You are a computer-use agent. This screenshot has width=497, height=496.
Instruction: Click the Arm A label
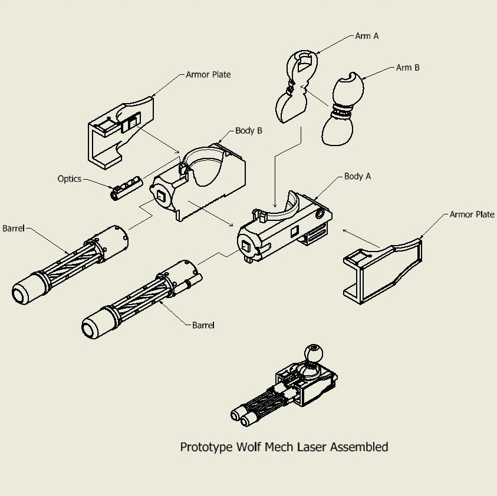(367, 36)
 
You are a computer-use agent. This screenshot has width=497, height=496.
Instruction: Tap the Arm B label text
(407, 68)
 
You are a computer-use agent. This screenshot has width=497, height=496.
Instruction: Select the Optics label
(69, 178)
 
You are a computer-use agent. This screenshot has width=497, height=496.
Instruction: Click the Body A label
(357, 176)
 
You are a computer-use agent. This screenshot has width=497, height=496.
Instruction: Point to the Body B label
(248, 131)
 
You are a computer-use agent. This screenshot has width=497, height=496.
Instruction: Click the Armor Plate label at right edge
(472, 214)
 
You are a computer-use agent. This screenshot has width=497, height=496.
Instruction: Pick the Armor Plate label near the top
(208, 75)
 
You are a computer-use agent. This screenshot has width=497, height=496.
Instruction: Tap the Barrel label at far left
(14, 228)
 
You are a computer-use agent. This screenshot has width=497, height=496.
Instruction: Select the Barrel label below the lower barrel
(203, 325)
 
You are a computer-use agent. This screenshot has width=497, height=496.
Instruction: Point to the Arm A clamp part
(295, 88)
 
